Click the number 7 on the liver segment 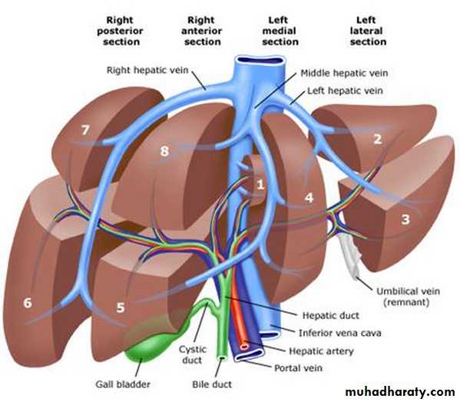click(x=85, y=130)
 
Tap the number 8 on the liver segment click(x=164, y=151)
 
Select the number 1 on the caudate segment click(x=260, y=184)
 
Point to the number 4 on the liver click(x=309, y=198)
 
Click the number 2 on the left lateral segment click(x=378, y=139)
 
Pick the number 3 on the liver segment click(x=405, y=219)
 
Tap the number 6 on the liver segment click(x=28, y=303)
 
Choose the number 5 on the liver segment click(x=121, y=307)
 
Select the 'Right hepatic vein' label click(x=147, y=70)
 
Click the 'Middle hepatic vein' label click(x=344, y=73)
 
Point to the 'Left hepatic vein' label click(x=345, y=91)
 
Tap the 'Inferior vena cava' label click(x=340, y=333)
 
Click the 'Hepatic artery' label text click(x=321, y=351)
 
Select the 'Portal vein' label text click(x=298, y=368)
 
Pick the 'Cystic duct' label click(x=193, y=354)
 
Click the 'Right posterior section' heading click(x=121, y=31)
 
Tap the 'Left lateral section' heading click(x=368, y=31)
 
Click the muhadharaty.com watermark click(x=400, y=392)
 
